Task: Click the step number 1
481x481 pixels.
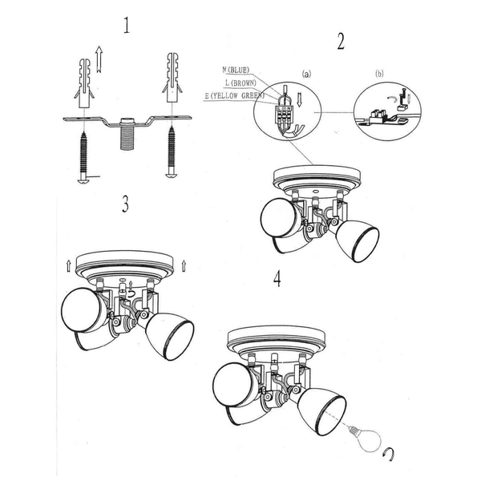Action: click(127, 26)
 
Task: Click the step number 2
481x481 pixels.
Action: click(341, 42)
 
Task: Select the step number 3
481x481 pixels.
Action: click(125, 204)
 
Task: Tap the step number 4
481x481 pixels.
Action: click(277, 279)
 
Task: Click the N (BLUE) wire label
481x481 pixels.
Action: click(236, 71)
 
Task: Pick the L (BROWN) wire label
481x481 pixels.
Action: click(240, 83)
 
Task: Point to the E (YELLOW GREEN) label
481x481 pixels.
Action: click(235, 95)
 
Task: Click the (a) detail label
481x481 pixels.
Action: click(306, 74)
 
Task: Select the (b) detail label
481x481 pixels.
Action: click(379, 74)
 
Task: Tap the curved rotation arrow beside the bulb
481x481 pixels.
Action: click(389, 455)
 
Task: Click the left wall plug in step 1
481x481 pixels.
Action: click(84, 83)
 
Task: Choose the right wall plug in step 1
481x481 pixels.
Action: click(172, 77)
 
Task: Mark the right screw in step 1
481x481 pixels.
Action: click(172, 152)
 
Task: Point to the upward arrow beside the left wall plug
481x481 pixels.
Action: click(99, 59)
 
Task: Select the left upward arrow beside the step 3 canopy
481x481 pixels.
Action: click(68, 265)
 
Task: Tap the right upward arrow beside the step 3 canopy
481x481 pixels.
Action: click(184, 265)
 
